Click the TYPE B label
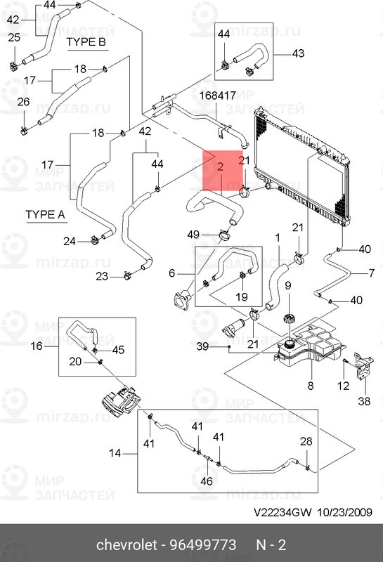pos(86,42)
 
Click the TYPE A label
pos(45,215)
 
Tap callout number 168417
pos(218,96)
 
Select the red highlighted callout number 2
pos(220,166)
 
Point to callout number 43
pos(298,53)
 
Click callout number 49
pos(193,235)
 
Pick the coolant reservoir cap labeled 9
pos(289,318)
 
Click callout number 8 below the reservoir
pos(311,386)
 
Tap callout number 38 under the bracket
pos(364,400)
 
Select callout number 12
pos(343,386)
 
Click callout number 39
pos(202,346)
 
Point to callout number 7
pos(372,273)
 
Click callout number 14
pos(115,453)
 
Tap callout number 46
pos(207,481)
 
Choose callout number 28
pos(306,441)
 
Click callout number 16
pos(37,346)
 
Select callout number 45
pos(118,350)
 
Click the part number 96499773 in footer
pos(202,545)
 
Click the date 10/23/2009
pos(344,512)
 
